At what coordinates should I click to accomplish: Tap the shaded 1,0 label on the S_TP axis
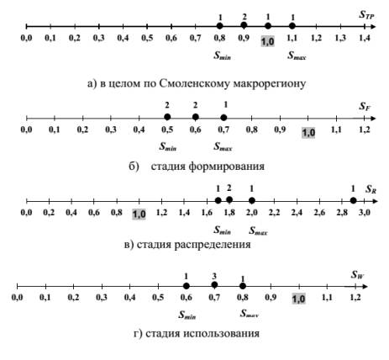coord(268,41)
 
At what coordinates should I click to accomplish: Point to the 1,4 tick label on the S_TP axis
coord(365,38)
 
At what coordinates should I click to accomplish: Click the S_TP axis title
coord(366,15)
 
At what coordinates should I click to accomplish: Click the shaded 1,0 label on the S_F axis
coord(308,132)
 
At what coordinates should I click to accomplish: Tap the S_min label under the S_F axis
coord(168,146)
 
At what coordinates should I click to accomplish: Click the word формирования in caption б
coord(227,167)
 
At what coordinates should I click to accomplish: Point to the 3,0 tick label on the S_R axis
coord(365,212)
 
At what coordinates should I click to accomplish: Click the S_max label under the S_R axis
coord(258,231)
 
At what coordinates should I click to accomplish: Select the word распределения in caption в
coord(213,245)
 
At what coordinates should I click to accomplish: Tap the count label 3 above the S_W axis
coord(214,277)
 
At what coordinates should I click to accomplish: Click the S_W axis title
coord(358,274)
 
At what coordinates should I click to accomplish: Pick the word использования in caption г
coord(222,334)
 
